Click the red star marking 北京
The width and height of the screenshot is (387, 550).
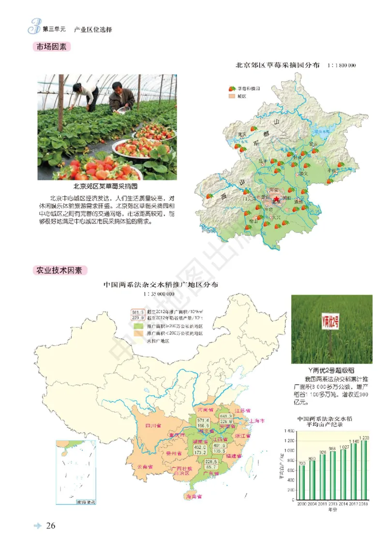pos(276,199)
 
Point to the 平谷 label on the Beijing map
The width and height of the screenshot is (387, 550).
pos(331,170)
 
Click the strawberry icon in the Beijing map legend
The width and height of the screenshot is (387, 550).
pos(231,89)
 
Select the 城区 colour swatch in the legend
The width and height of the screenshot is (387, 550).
pos(231,97)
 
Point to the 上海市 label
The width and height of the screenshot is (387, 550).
pos(257,420)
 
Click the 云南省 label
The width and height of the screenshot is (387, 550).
pos(145,467)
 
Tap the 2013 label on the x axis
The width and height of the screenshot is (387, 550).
pos(332,505)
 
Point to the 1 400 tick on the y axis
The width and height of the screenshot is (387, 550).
pos(289,430)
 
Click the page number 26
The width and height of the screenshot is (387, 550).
pos(51,526)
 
